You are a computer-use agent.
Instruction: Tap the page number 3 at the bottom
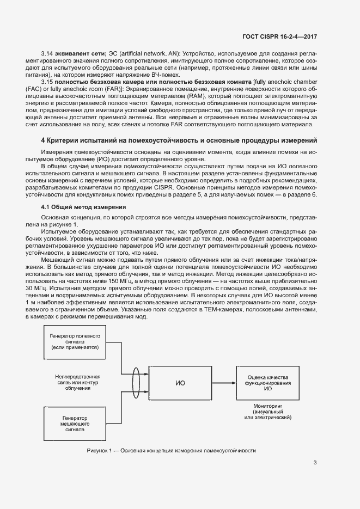[x=315, y=463]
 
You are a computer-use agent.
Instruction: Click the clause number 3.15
[x=48, y=81]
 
